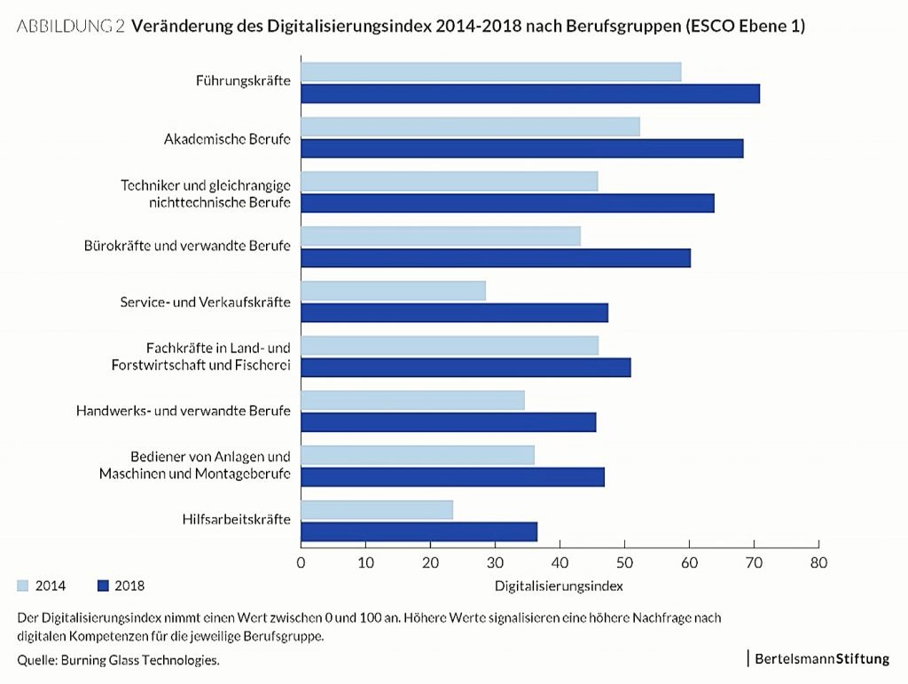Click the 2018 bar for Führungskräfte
click(x=530, y=93)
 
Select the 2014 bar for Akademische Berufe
click(x=470, y=127)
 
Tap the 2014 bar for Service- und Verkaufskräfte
click(x=393, y=290)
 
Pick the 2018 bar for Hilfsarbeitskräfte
click(x=419, y=531)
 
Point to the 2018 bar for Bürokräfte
click(x=496, y=257)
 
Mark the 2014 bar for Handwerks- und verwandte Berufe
click(x=412, y=399)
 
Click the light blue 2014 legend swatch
click(x=23, y=586)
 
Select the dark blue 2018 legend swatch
click(x=102, y=586)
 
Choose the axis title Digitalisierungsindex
click(x=559, y=586)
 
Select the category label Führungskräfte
click(x=243, y=81)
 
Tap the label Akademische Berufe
click(x=227, y=139)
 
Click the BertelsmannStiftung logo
click(x=821, y=658)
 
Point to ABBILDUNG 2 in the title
click(x=71, y=27)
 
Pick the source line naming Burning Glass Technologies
click(x=118, y=660)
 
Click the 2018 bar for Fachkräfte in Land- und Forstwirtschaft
click(x=466, y=367)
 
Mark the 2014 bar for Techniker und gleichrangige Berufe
click(x=450, y=181)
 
